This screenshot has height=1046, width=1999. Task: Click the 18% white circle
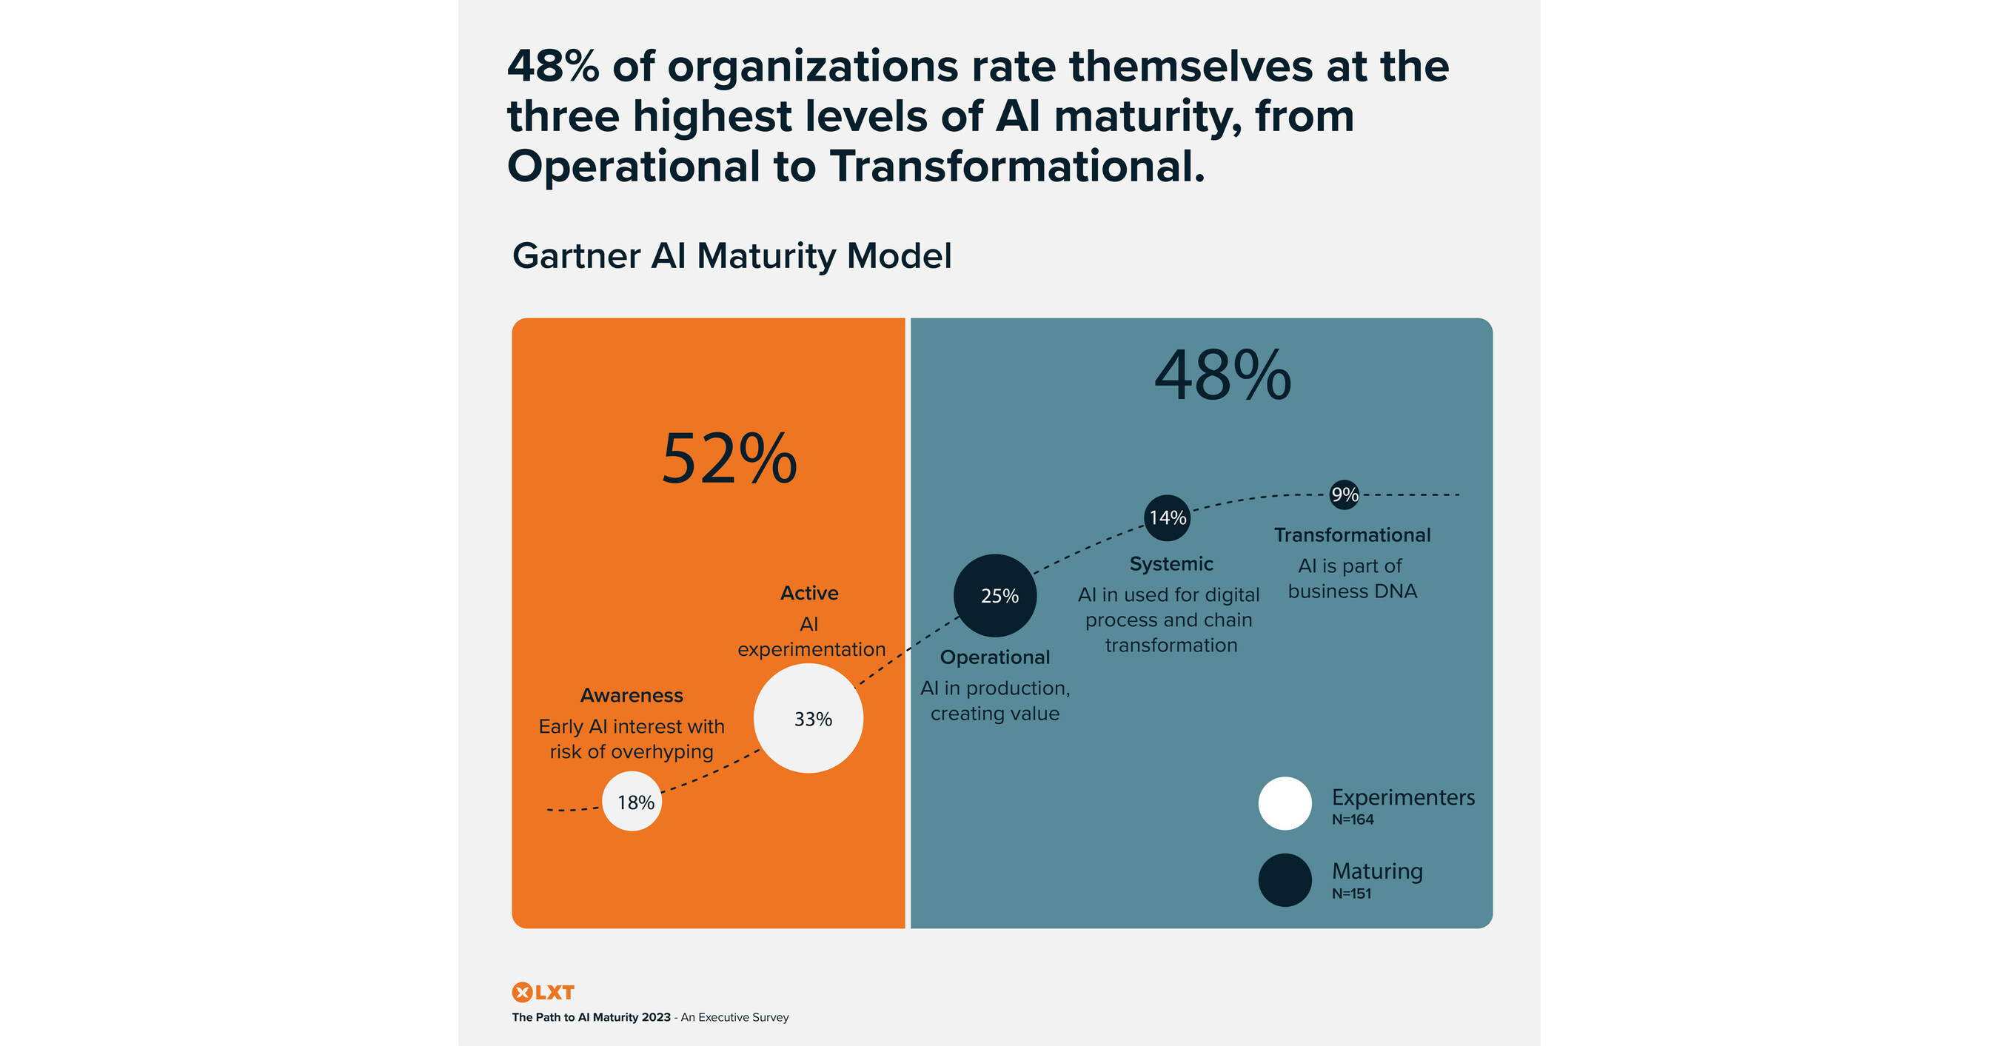[x=632, y=802]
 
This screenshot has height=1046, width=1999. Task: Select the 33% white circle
[x=808, y=719]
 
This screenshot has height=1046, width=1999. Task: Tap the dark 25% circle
[x=995, y=595]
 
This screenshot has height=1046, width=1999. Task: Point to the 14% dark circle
[x=1167, y=517]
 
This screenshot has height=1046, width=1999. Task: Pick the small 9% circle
[x=1344, y=494]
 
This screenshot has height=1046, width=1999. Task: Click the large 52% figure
[x=729, y=460]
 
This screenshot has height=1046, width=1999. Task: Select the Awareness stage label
[x=632, y=695]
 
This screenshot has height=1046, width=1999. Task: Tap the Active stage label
[x=808, y=593]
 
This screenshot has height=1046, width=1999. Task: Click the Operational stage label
[x=995, y=657]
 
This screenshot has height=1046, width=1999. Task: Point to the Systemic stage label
[x=1171, y=564]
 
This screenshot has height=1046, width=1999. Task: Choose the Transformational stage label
[x=1352, y=535]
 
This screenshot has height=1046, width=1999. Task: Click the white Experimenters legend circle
[x=1285, y=803]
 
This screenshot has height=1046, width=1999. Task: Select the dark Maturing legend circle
[x=1285, y=880]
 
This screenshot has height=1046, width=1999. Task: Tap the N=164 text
[x=1353, y=820]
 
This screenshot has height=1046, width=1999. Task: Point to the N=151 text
[x=1351, y=894]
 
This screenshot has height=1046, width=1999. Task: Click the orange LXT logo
[x=543, y=993]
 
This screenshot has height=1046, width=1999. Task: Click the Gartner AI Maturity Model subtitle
[x=731, y=256]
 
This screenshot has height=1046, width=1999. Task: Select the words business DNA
[x=1352, y=591]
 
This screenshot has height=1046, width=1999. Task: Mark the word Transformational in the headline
[x=1017, y=166]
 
